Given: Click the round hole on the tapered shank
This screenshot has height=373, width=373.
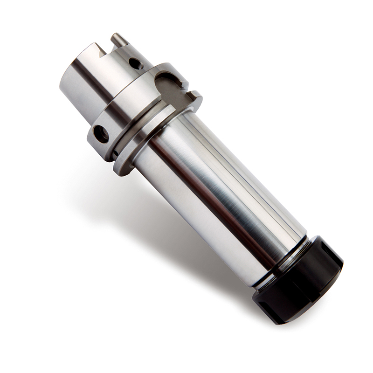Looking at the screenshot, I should [x=135, y=63].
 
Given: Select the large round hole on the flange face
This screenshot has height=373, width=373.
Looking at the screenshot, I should [x=101, y=134].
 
